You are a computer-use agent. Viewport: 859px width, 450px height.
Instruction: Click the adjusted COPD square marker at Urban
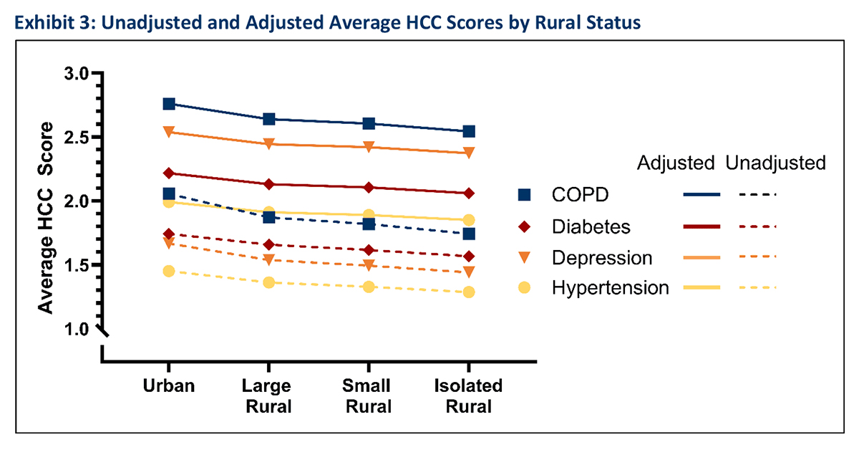(169, 104)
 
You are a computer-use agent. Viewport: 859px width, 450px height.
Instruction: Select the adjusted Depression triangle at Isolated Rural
(469, 153)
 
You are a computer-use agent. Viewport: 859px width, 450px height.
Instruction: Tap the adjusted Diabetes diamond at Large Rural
(268, 184)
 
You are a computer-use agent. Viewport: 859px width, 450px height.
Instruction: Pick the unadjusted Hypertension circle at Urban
(169, 271)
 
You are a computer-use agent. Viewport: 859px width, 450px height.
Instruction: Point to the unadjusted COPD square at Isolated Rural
(469, 234)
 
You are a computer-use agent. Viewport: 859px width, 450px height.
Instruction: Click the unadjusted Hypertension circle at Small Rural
(369, 287)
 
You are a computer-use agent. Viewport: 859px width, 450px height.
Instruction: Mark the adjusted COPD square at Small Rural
(369, 123)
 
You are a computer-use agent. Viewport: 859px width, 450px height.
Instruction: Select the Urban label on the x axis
(169, 386)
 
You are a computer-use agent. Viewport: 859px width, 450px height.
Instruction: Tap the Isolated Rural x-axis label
(469, 396)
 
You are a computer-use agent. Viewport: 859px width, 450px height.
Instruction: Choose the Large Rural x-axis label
(268, 396)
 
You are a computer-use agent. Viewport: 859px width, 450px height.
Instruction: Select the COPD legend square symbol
(525, 194)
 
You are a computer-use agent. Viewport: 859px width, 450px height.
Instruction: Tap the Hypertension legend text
(610, 288)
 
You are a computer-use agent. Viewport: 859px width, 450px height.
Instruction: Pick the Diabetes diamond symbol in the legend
(525, 226)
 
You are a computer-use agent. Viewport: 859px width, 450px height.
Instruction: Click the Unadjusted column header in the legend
(775, 163)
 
